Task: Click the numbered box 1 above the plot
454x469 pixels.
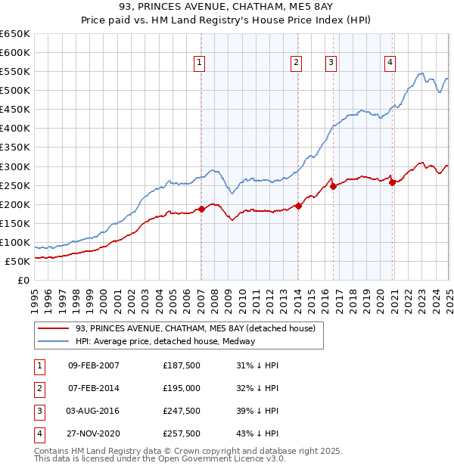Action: (200, 64)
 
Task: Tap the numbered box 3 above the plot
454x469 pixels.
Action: (331, 64)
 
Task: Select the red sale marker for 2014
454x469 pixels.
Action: (298, 205)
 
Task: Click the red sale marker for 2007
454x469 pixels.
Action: (201, 209)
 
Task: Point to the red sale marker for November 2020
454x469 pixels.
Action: (392, 182)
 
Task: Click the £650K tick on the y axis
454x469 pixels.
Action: (15, 34)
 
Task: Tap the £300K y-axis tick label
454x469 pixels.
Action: (15, 166)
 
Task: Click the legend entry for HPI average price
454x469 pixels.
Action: (165, 341)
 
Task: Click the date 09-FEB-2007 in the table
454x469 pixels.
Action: (94, 365)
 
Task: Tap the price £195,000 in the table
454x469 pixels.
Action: (182, 388)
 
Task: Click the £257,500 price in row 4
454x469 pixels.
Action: (182, 433)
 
